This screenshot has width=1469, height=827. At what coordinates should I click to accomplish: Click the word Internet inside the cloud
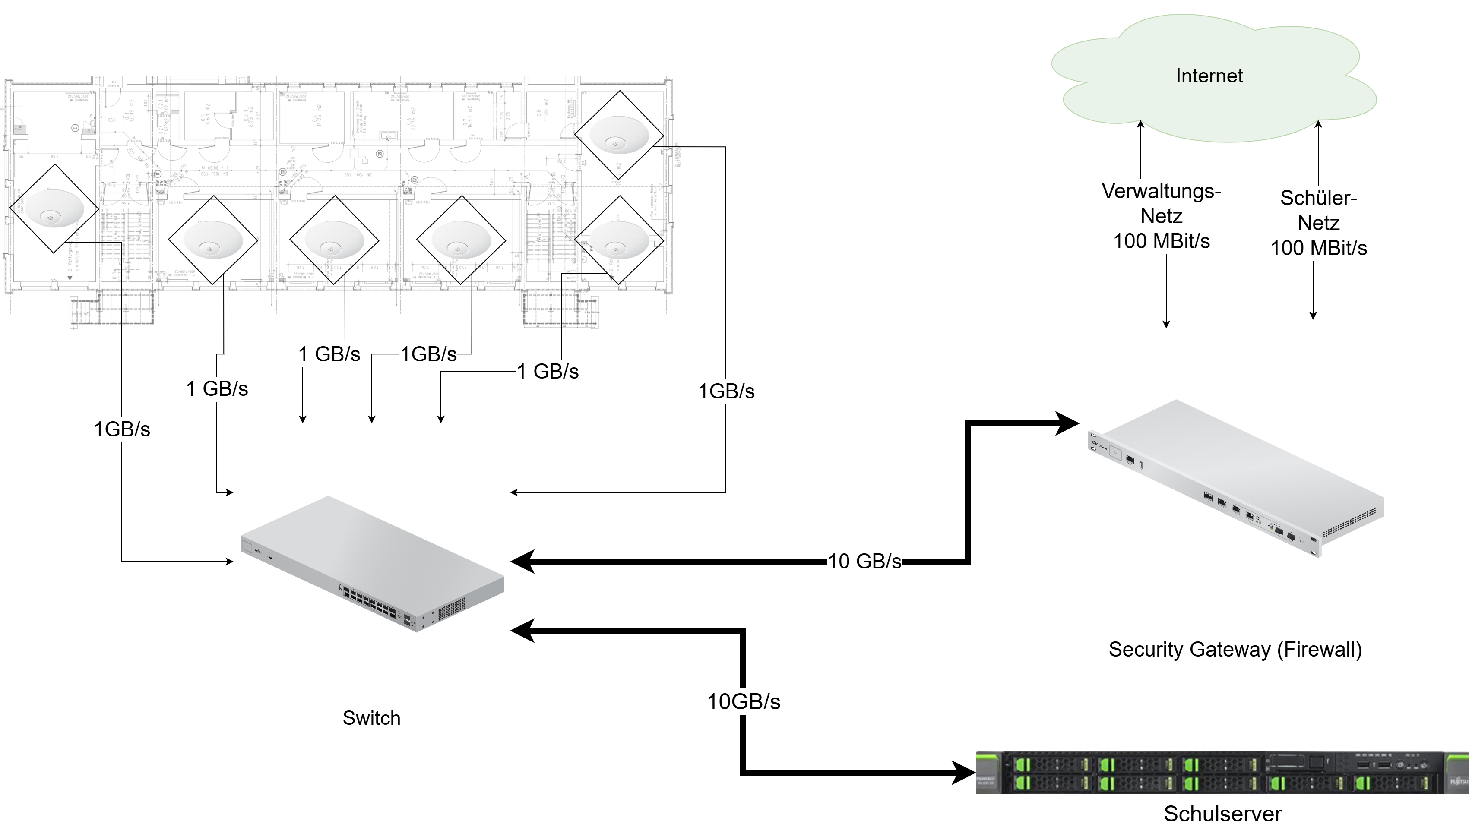pyautogui.click(x=1209, y=76)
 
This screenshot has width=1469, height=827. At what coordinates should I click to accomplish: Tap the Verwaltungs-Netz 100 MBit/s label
pyautogui.click(x=1161, y=216)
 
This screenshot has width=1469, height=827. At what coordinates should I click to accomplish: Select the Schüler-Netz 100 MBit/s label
pyautogui.click(x=1318, y=223)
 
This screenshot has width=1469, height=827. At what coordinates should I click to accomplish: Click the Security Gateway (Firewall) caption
pyautogui.click(x=1235, y=649)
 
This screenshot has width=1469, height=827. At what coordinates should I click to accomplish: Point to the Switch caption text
pyautogui.click(x=371, y=717)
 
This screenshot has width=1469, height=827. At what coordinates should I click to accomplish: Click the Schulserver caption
pyautogui.click(x=1222, y=813)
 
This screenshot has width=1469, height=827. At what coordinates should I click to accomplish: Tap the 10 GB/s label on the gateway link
pyautogui.click(x=864, y=562)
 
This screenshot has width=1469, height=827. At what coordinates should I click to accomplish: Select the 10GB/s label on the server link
pyautogui.click(x=744, y=701)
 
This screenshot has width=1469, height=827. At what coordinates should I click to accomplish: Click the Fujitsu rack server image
pyautogui.click(x=1222, y=773)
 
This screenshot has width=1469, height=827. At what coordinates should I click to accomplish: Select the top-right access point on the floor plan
pyautogui.click(x=619, y=135)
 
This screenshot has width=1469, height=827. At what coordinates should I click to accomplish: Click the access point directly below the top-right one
pyautogui.click(x=619, y=240)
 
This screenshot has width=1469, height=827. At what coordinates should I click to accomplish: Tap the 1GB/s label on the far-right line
pyautogui.click(x=726, y=391)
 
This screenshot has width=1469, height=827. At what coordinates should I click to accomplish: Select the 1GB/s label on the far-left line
pyautogui.click(x=121, y=429)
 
